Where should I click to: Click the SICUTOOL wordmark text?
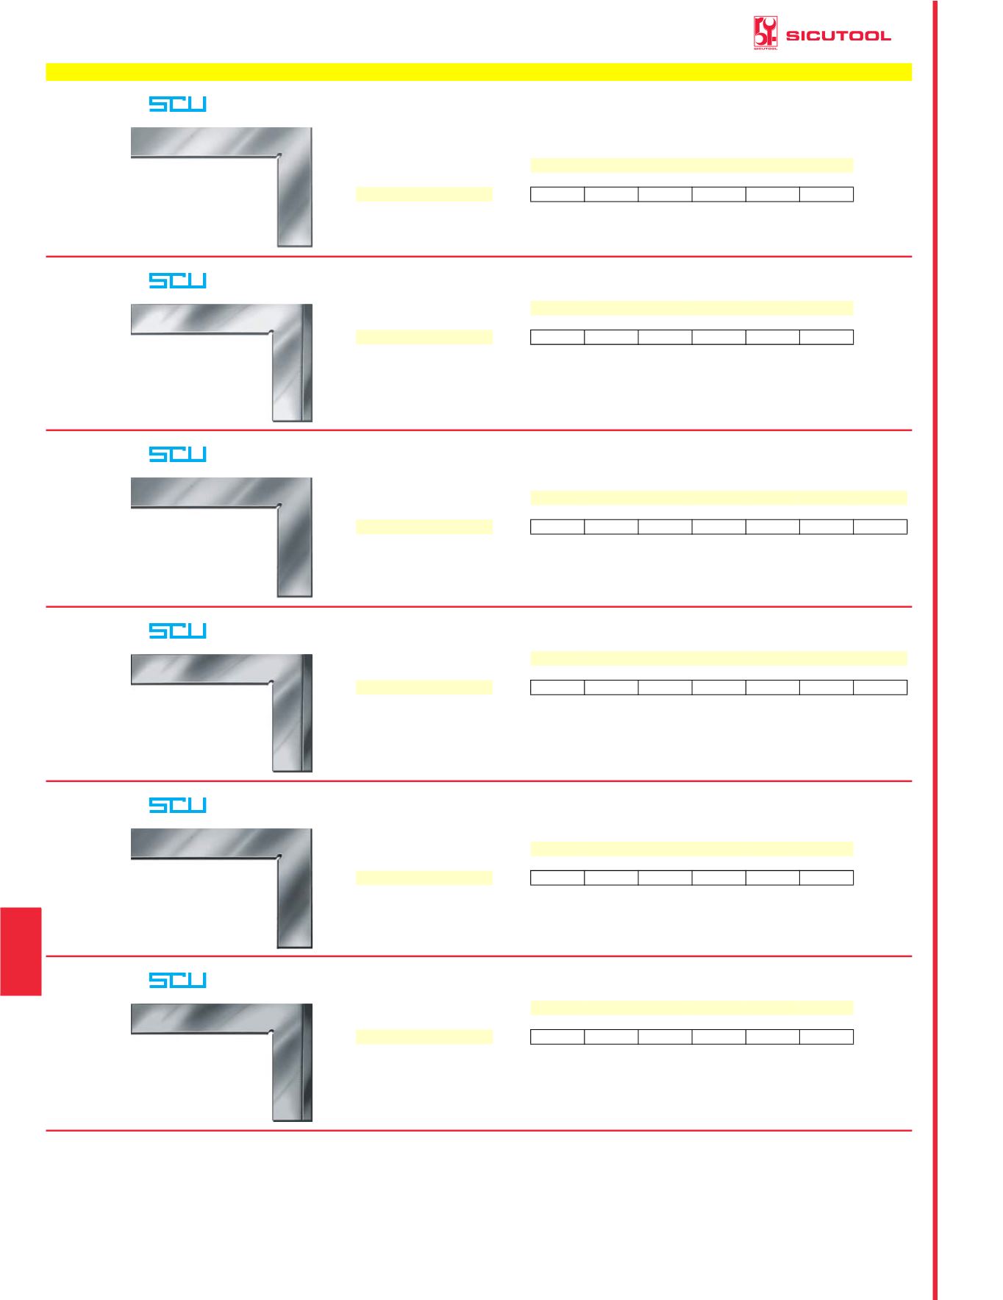[838, 35]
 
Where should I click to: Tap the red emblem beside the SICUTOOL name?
[765, 33]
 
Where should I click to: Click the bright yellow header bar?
[479, 71]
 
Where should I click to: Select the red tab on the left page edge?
[21, 951]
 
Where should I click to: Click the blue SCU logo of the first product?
[177, 104]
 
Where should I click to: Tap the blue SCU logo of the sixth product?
[177, 980]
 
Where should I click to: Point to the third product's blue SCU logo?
[177, 454]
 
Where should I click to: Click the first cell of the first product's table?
[557, 194]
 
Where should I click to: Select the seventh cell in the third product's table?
[880, 526]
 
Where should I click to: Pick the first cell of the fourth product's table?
[557, 687]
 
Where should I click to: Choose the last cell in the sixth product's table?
[827, 1037]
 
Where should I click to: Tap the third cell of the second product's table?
[665, 337]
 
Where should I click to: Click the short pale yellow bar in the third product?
[424, 526]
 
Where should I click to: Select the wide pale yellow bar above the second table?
[692, 308]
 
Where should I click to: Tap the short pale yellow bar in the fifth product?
[424, 877]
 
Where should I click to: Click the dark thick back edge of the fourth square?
[307, 713]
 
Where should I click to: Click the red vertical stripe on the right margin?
[935, 650]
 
